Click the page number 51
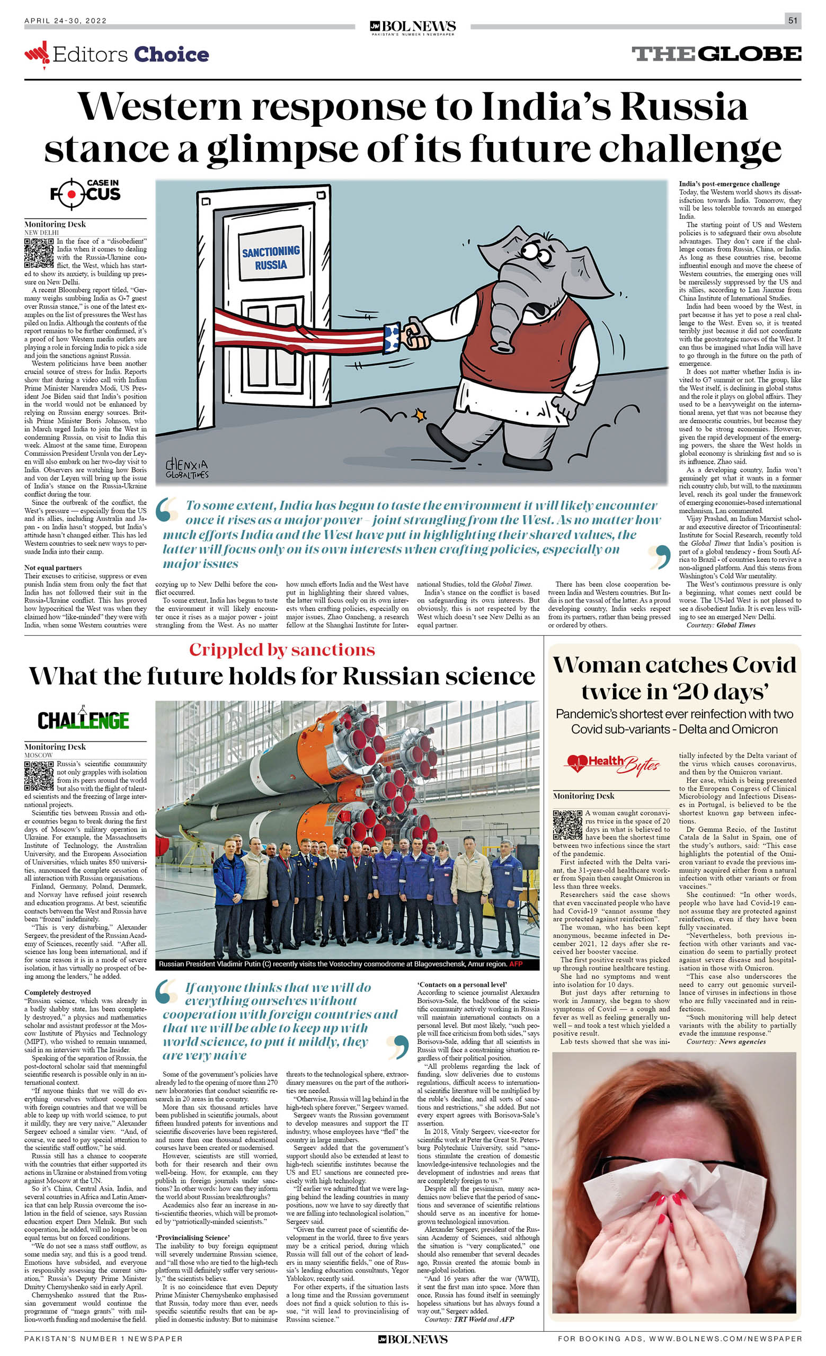click(x=793, y=21)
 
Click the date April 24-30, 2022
click(x=66, y=21)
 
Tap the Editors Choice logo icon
click(x=37, y=54)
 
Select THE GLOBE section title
click(x=716, y=54)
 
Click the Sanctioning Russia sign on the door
click(x=271, y=258)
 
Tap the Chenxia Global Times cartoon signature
click(x=186, y=469)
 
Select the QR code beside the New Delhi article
click(x=39, y=253)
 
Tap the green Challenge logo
click(x=83, y=720)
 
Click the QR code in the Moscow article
click(x=39, y=775)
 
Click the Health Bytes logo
click(x=612, y=764)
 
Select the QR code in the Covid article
click(x=567, y=825)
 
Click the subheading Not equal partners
click(x=53, y=568)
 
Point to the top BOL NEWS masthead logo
click(x=413, y=26)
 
